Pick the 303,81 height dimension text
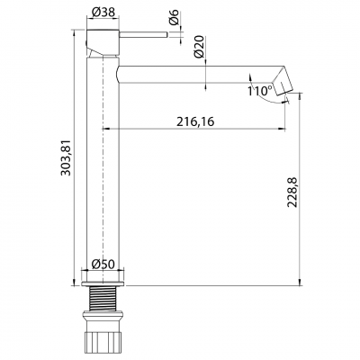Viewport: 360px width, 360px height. (x=64, y=157)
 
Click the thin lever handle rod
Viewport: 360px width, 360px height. (x=144, y=36)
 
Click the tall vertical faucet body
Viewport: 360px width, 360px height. (x=103, y=162)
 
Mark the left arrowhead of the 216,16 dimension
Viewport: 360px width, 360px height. (x=108, y=130)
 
